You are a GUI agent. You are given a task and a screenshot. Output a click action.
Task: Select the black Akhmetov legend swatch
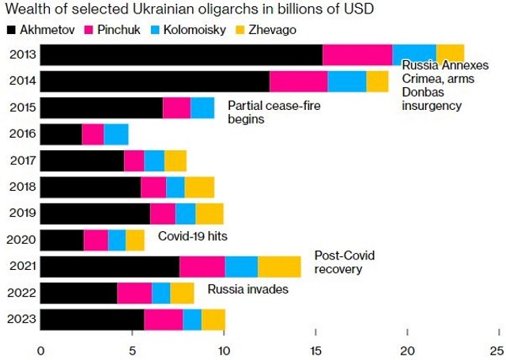(11, 30)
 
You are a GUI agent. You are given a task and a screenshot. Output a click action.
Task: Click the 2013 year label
(21, 55)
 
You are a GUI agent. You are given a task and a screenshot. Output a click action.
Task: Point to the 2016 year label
(21, 135)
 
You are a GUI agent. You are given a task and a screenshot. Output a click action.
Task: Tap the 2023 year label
(21, 320)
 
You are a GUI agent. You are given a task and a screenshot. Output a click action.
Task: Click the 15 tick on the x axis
(315, 350)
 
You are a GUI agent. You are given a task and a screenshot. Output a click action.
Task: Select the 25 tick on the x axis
(497, 350)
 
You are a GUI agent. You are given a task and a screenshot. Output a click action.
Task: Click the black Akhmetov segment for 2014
(155, 81)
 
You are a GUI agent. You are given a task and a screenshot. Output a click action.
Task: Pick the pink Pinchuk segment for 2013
(357, 55)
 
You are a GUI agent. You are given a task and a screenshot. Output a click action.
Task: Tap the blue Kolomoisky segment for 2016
(116, 135)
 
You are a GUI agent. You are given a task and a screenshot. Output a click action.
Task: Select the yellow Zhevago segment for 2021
(279, 267)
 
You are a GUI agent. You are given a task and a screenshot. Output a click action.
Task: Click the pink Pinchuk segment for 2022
(134, 293)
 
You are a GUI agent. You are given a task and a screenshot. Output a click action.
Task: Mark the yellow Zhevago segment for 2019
(210, 214)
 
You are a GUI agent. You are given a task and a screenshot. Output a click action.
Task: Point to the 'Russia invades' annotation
(247, 290)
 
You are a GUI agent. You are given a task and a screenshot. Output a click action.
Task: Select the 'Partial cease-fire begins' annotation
(266, 112)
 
